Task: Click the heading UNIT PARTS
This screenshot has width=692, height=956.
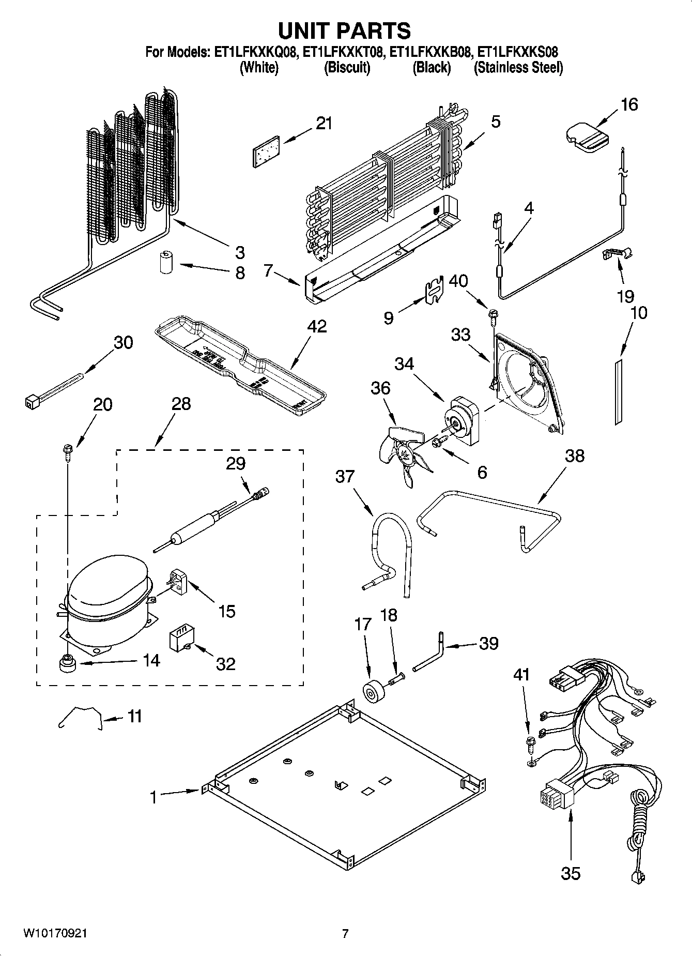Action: pos(345,31)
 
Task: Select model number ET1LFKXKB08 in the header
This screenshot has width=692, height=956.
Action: pos(431,52)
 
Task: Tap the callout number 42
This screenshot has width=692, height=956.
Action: pos(316,327)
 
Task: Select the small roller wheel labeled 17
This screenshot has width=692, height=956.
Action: pos(370,692)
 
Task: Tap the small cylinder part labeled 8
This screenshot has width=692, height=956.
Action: pos(166,263)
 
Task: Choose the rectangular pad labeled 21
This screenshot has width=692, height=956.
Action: pos(265,151)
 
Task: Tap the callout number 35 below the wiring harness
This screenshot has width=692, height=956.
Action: pos(571,873)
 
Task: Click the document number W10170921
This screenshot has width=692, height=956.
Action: pos(55,933)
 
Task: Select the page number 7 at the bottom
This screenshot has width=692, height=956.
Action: pos(345,933)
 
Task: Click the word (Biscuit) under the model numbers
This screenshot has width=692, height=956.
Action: pos(347,68)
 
